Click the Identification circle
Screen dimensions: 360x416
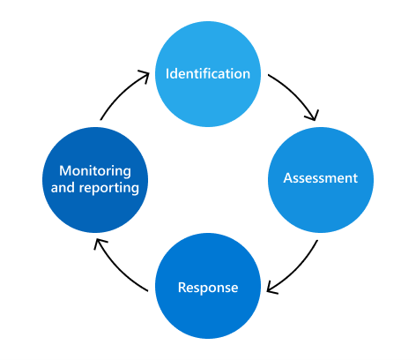pos(208,73)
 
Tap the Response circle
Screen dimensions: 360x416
pos(208,286)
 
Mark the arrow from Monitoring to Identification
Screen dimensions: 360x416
pos(120,92)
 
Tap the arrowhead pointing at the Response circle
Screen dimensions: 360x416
pos(271,287)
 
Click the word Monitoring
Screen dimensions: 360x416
pos(95,170)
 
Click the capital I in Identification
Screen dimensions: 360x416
pos(168,73)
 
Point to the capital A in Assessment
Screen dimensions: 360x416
pos(287,178)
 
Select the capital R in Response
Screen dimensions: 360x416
pos(182,287)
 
